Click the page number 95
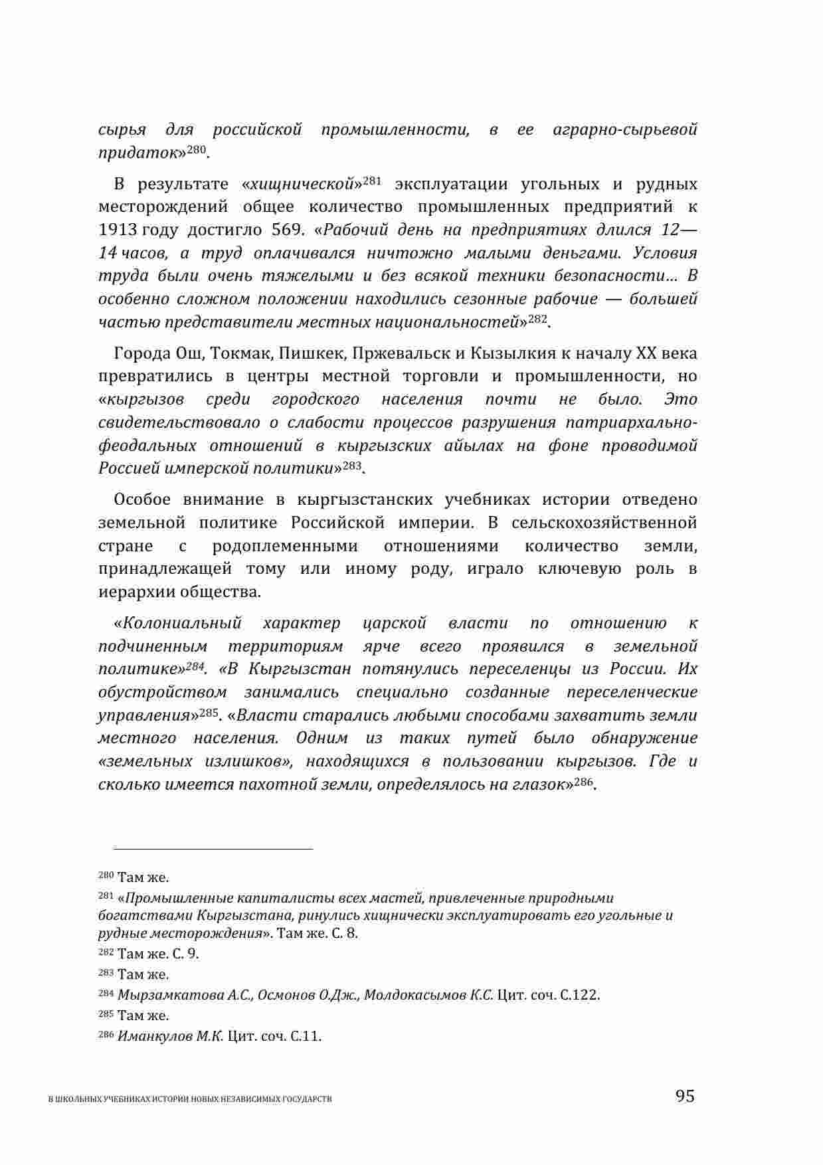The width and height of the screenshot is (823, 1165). [685, 1096]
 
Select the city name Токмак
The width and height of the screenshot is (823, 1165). [243, 353]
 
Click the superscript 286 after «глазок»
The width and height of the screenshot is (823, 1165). [583, 782]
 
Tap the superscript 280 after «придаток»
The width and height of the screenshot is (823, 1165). [197, 149]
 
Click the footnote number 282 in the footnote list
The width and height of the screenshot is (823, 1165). [106, 953]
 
